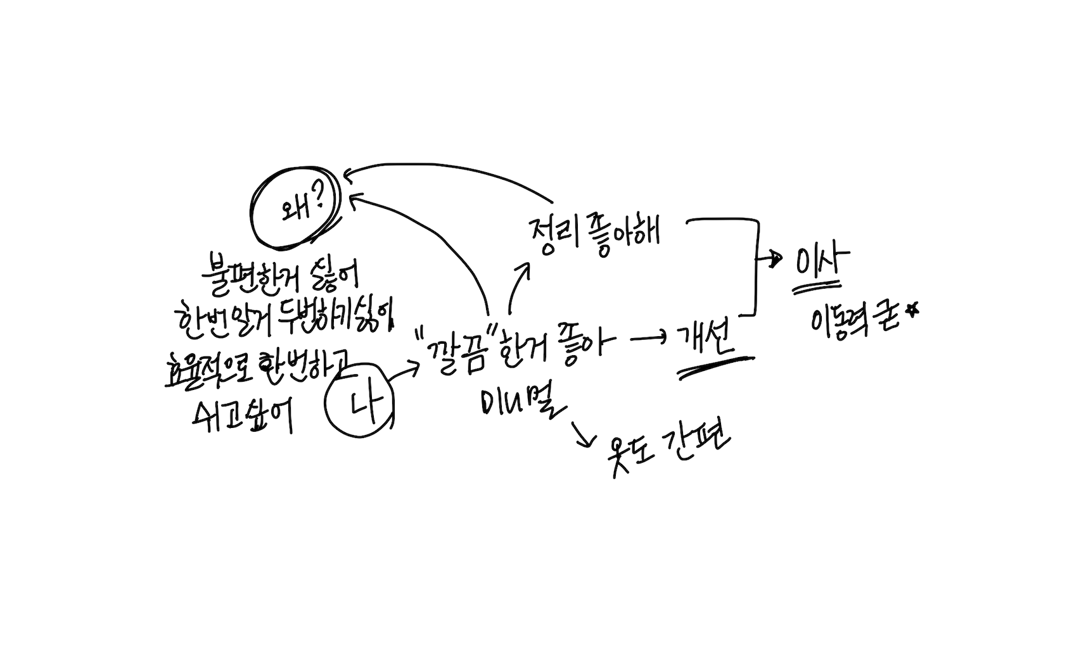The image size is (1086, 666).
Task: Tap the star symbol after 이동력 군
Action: point(912,310)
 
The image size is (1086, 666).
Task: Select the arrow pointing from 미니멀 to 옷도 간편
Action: point(583,434)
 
